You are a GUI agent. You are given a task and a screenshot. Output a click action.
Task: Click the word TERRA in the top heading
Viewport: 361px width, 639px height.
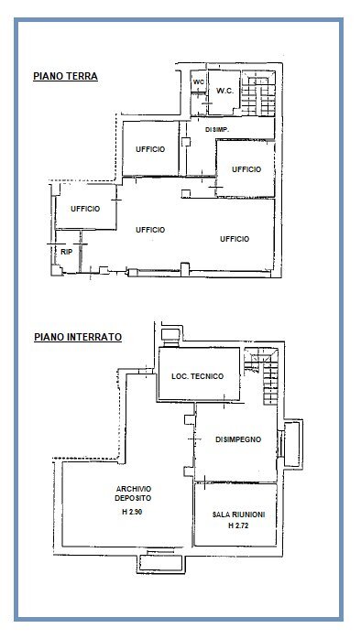82,78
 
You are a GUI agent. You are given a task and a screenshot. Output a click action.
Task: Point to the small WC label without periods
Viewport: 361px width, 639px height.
197,83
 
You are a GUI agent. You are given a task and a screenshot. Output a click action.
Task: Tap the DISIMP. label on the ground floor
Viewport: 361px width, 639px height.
217,131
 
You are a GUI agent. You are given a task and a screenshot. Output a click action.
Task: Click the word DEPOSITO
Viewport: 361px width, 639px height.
127,498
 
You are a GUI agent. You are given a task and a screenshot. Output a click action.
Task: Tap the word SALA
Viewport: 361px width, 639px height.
223,516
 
